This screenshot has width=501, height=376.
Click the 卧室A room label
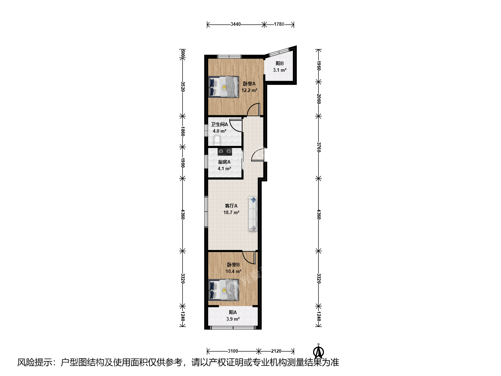click(x=249, y=84)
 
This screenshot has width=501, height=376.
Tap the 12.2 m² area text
click(x=249, y=90)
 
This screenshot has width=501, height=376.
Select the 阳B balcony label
click(x=280, y=63)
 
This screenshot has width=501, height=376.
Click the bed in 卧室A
click(x=224, y=87)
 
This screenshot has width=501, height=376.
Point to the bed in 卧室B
click(x=224, y=290)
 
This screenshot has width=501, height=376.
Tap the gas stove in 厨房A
click(x=225, y=151)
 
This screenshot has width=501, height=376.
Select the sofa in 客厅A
click(x=253, y=214)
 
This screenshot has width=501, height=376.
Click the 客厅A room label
click(x=231, y=206)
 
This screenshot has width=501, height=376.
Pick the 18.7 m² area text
click(x=231, y=212)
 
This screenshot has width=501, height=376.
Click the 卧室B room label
click(x=233, y=265)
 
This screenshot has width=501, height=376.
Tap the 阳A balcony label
click(x=233, y=312)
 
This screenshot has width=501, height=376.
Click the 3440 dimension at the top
click(x=236, y=24)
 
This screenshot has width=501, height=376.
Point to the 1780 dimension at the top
click(x=279, y=24)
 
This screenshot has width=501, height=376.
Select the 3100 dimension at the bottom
click(x=233, y=351)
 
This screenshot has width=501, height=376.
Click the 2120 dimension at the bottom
click(x=276, y=351)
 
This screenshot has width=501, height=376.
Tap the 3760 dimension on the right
click(x=319, y=147)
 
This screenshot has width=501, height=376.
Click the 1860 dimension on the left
click(x=183, y=132)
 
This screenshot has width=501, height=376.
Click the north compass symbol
click(x=318, y=351)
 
